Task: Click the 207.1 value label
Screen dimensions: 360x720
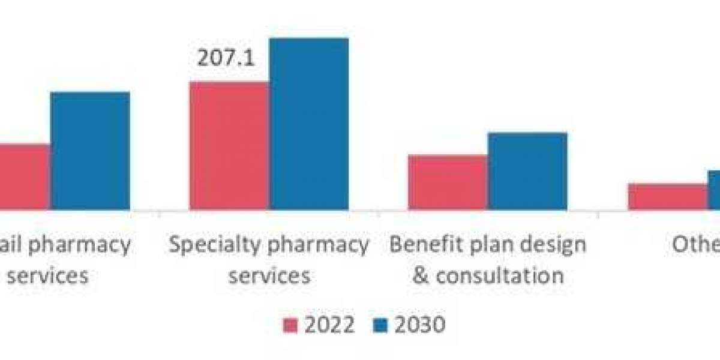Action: coord(226,59)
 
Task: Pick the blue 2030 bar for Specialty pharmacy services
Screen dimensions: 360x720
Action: coord(308,124)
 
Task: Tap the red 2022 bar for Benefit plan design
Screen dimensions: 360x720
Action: coord(448,182)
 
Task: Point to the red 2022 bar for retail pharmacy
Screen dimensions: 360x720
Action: coord(24,177)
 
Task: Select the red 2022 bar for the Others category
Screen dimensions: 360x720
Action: coord(667,197)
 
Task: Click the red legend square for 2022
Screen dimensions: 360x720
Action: coord(290,326)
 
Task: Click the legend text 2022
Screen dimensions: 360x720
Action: coord(329,325)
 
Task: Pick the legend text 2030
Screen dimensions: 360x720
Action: coord(419,325)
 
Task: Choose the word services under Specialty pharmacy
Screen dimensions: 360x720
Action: coord(270,275)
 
